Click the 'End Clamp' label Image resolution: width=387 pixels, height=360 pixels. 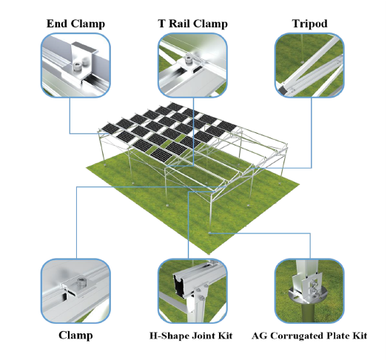pos(75,24)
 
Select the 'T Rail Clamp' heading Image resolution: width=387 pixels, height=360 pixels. pos(192,24)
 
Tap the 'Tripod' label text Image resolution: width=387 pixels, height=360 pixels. pos(310,24)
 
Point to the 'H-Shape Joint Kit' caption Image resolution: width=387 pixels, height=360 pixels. pos(191,336)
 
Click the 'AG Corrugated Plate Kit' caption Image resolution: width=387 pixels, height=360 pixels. pos(309,336)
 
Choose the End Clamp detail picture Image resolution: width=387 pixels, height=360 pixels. pos(75,65)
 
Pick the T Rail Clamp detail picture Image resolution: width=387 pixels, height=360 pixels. pos(192,65)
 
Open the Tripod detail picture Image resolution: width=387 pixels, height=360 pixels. pos(309,65)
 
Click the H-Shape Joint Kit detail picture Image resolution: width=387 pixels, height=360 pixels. pos(192,291)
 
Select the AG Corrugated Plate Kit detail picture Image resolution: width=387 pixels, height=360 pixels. pos(309,291)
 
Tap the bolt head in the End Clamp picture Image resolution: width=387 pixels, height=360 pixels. pos(76,67)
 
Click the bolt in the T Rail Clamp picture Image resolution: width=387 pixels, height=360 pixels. pos(189,60)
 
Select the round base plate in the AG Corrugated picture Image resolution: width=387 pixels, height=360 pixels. pos(309,296)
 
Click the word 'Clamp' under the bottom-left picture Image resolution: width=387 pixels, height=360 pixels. pos(75,336)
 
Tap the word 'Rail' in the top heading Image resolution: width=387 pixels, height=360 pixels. pos(180,24)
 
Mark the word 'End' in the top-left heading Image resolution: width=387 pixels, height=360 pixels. pos(57,24)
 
